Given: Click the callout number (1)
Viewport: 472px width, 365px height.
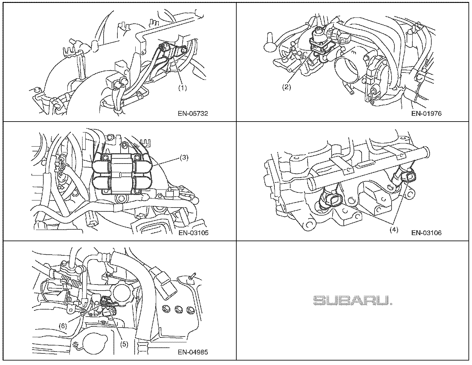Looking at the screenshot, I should (182, 87).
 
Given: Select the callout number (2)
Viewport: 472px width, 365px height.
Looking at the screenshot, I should (286, 87).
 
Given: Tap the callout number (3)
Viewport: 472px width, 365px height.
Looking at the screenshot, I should (184, 157).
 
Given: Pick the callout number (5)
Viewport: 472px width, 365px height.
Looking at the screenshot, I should (124, 344).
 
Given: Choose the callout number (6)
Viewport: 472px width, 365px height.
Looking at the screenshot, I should (63, 326).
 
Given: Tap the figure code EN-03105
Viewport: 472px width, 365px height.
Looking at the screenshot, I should (193, 233).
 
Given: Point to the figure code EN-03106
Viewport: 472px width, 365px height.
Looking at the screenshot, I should (426, 233).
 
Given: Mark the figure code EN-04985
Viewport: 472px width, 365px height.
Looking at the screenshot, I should (193, 352).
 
